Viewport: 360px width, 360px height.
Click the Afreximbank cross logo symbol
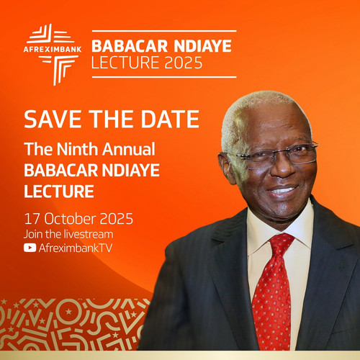point(53,55)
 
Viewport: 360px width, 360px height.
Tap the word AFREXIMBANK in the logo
point(53,50)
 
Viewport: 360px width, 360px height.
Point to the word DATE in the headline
point(170,119)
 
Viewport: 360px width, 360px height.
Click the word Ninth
point(76,149)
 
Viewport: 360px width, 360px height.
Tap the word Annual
point(129,149)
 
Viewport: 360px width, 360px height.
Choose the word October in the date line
point(69,219)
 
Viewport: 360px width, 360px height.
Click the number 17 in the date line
point(32,219)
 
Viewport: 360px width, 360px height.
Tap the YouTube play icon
point(30,248)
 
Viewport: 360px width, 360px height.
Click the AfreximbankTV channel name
point(76,248)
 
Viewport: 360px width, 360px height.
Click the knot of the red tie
point(282,243)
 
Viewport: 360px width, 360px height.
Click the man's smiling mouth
point(282,191)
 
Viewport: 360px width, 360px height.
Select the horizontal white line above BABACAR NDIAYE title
point(164,31)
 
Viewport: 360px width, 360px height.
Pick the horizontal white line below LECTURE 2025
point(164,77)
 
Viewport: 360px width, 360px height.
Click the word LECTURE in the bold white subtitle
point(59,192)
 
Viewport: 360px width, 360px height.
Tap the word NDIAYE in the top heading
point(203,46)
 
